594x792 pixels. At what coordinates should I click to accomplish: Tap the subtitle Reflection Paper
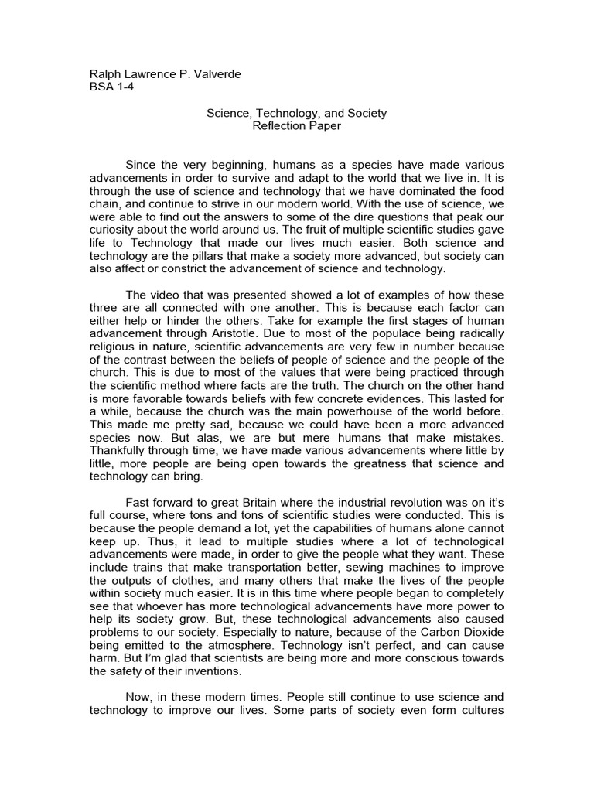tap(296, 126)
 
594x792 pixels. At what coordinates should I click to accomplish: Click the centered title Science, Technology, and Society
tap(296, 113)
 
